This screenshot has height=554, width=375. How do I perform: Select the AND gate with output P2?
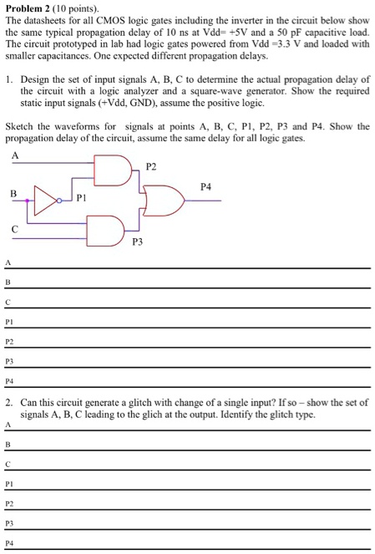pyautogui.click(x=113, y=172)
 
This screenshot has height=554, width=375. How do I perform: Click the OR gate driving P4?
pyautogui.click(x=165, y=201)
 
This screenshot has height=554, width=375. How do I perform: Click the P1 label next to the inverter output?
pyautogui.click(x=80, y=199)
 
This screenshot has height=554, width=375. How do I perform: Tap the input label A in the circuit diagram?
pyautogui.click(x=15, y=155)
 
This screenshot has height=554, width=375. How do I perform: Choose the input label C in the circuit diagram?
pyautogui.click(x=14, y=227)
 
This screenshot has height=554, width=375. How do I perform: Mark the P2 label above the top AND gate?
pyautogui.click(x=150, y=166)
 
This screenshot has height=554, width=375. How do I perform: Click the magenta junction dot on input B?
pyautogui.click(x=29, y=201)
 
